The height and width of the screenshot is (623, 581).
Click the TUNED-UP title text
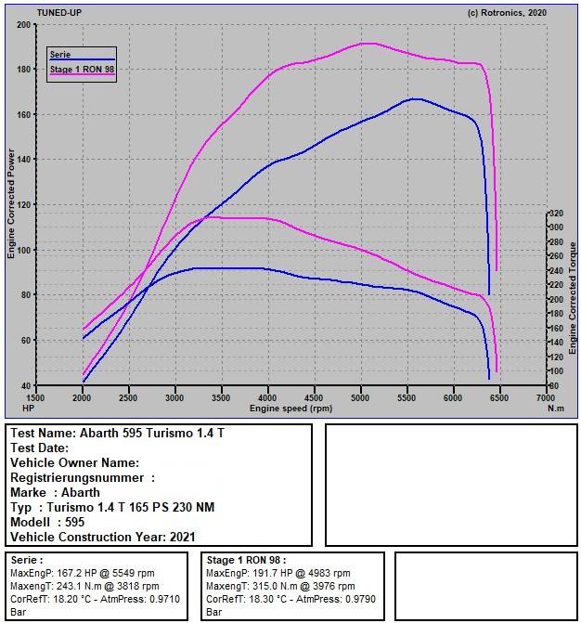[x=58, y=13]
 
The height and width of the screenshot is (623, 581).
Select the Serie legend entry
[x=59, y=55]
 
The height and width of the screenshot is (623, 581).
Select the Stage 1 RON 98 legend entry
[x=81, y=68]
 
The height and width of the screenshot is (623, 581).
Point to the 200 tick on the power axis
[x=24, y=24]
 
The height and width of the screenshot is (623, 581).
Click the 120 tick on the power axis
[x=24, y=204]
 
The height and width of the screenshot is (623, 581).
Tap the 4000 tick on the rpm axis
[x=267, y=396]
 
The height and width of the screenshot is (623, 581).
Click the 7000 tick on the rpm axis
[x=545, y=396]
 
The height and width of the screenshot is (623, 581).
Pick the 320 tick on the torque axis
[x=556, y=214]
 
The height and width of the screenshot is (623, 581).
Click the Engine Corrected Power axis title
[x=12, y=204]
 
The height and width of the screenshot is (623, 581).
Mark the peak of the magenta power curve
[x=370, y=43]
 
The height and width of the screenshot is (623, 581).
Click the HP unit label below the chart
[x=27, y=408]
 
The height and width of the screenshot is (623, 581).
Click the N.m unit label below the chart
[x=555, y=408]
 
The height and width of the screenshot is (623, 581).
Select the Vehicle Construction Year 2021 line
[x=102, y=537]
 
